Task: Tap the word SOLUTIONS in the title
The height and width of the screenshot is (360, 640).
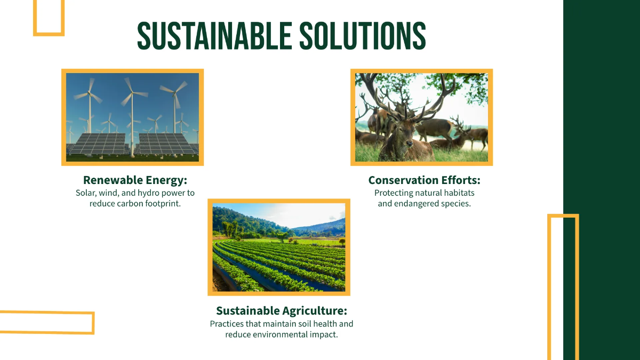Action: (x=362, y=36)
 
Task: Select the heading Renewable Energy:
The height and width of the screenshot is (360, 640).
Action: (x=135, y=180)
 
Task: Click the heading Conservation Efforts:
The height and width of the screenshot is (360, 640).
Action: (x=424, y=180)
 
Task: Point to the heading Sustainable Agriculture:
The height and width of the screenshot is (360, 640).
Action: (x=282, y=310)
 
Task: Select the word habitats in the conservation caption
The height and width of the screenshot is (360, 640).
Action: (x=458, y=193)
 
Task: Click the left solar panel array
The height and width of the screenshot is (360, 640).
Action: (x=99, y=143)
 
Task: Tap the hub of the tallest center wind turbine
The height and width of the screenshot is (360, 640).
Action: (x=131, y=93)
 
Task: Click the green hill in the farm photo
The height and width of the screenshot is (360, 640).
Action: (x=240, y=219)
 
